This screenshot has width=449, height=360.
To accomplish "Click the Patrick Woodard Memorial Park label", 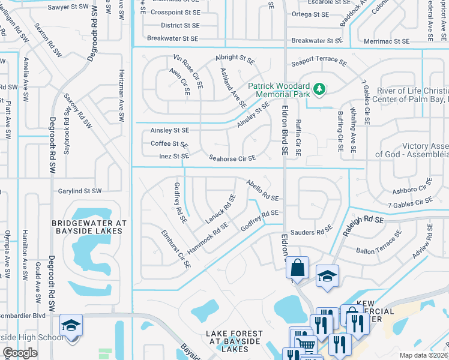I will tap(278, 90).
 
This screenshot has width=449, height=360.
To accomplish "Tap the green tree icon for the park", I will tap(320, 89).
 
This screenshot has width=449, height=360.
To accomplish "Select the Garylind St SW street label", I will tap(80, 191).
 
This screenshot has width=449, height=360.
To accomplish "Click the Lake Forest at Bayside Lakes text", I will tap(235, 341).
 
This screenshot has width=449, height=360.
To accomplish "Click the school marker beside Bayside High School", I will tap(71, 325).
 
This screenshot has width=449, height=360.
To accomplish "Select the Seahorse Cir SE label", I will tap(232, 158).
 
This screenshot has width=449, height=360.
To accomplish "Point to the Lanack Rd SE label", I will tap(221, 207).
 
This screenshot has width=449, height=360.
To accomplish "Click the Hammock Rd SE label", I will tap(208, 237).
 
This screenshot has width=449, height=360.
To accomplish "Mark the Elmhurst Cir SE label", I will tap(176, 248).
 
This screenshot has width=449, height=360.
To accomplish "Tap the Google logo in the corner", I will tap(20, 353).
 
